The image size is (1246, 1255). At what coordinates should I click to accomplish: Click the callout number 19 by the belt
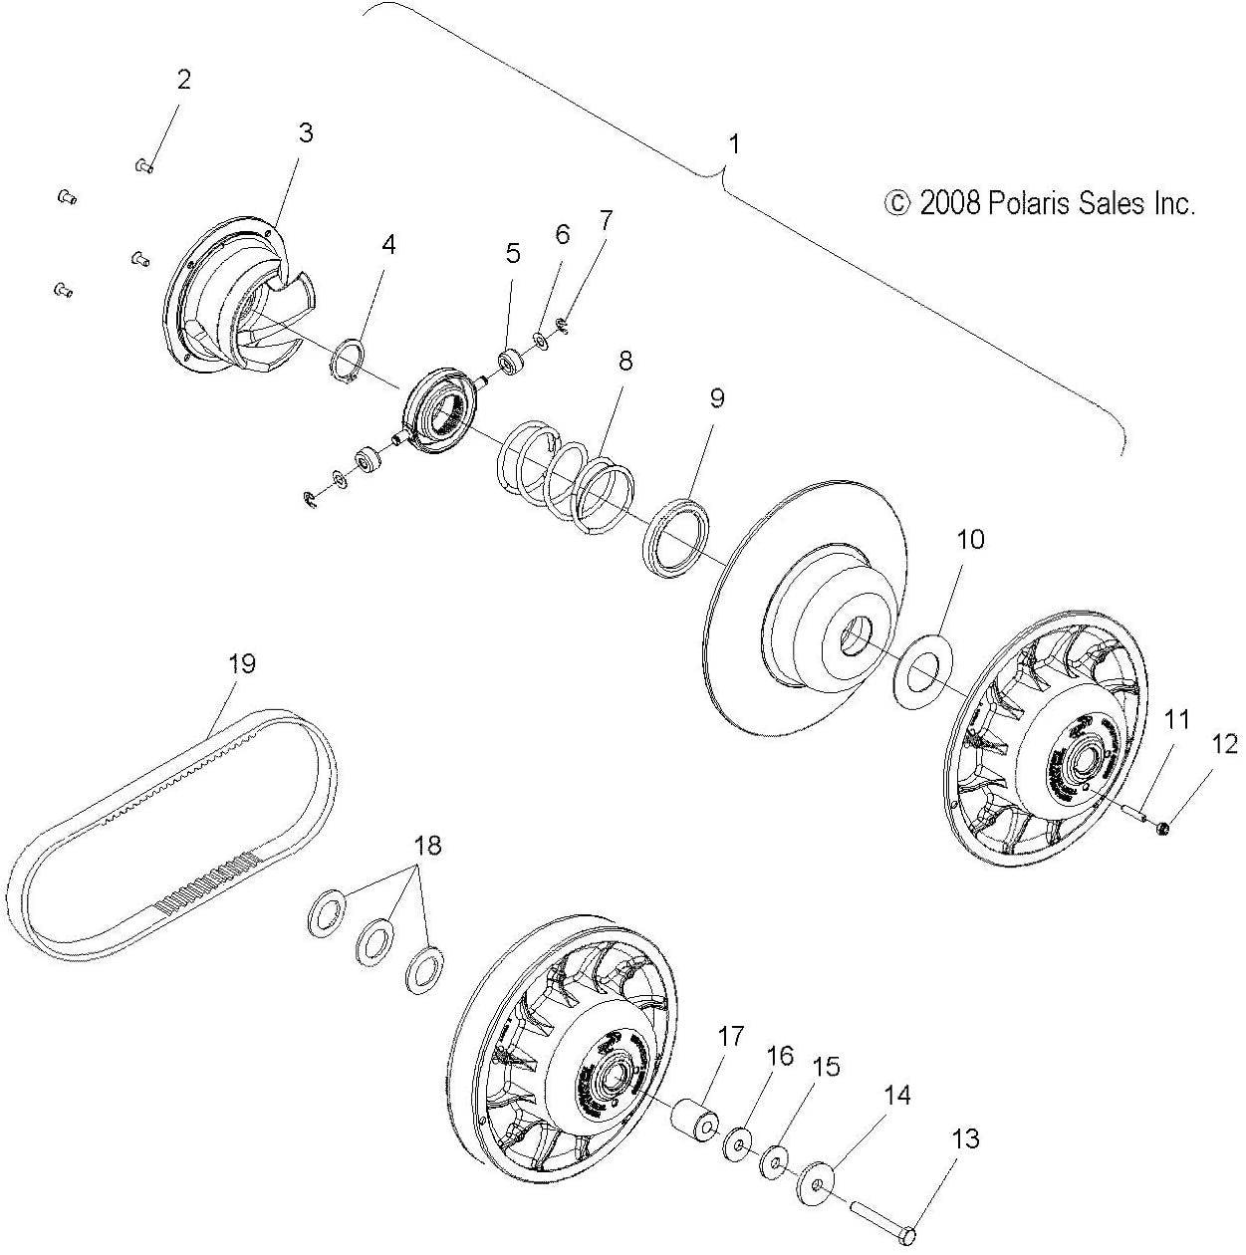[242, 663]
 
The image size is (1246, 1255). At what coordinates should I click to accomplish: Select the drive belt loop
[60, 901]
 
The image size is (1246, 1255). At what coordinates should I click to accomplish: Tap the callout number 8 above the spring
[624, 361]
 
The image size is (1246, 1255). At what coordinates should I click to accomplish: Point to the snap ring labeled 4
[345, 361]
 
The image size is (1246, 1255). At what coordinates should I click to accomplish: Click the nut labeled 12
[1163, 826]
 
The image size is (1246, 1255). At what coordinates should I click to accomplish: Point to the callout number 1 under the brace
[734, 144]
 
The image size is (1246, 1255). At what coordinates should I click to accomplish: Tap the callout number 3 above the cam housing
[306, 132]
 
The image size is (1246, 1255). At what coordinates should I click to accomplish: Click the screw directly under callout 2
[143, 166]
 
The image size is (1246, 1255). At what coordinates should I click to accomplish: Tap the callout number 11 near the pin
[1177, 720]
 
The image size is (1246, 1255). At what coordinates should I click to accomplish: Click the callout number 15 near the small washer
[826, 1067]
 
